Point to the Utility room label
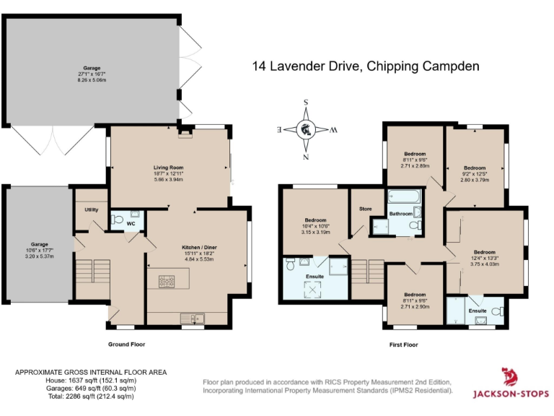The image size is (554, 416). (91, 209)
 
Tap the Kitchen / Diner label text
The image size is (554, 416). (198, 247)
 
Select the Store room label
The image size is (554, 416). (366, 209)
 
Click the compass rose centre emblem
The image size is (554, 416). (306, 130)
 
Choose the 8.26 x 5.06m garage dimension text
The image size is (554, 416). (92, 81)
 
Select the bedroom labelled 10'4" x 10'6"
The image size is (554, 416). (315, 220)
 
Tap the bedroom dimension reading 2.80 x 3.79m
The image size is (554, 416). (475, 180)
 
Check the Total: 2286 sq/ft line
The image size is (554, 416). (76, 396)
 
